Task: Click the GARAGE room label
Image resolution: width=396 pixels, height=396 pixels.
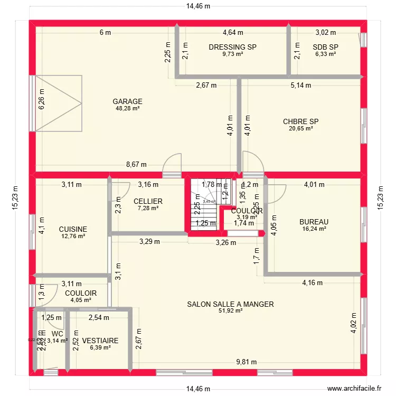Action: [x=127, y=101]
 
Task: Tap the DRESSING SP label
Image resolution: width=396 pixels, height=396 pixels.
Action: [x=232, y=47]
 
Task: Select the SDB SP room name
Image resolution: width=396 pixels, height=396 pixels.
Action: [x=325, y=47]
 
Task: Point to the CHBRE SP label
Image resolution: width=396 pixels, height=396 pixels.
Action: [x=301, y=121]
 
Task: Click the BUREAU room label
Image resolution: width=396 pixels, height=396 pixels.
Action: [x=314, y=222]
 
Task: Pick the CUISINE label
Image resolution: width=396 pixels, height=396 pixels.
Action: [x=73, y=229]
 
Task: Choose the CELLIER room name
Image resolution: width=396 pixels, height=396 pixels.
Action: [x=148, y=201]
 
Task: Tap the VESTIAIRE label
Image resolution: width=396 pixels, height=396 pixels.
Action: [x=100, y=341]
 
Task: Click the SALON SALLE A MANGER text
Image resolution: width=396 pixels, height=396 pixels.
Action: [x=231, y=304]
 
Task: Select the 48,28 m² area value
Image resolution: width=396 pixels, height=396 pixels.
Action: [x=127, y=108]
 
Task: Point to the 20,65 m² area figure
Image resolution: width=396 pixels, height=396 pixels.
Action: [x=301, y=128]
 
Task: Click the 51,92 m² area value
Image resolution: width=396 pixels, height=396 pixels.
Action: [x=231, y=311]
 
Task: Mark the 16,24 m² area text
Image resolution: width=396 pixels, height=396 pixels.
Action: [x=314, y=229]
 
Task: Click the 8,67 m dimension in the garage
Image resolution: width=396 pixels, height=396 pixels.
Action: [x=136, y=165]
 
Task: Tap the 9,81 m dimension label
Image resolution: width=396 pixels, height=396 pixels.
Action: [x=247, y=362]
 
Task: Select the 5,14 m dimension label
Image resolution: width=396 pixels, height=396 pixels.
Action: [x=300, y=85]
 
